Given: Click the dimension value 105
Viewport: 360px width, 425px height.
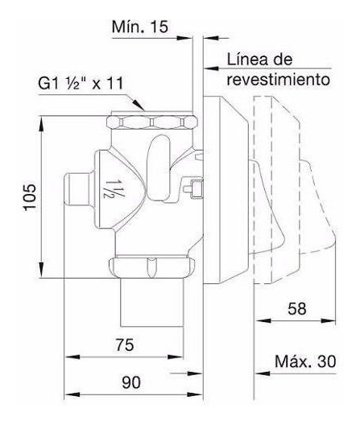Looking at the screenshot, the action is tap(30, 196).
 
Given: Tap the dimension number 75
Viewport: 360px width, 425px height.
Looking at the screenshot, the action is tap(125, 345).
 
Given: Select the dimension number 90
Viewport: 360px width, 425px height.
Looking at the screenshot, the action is tap(131, 382).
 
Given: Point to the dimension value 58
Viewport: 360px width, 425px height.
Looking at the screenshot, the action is tap(297, 309).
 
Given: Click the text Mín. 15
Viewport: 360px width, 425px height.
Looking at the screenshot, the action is tap(140, 27).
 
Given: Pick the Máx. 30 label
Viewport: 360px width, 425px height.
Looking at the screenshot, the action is tap(305, 361).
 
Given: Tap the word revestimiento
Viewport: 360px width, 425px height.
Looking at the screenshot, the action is tap(279, 80).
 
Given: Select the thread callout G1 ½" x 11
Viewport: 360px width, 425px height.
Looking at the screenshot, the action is tap(81, 84).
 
